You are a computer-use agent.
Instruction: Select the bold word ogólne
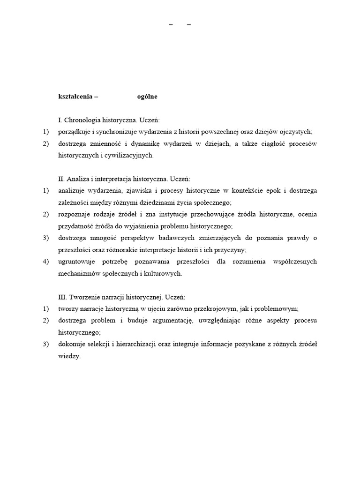tap(147, 97)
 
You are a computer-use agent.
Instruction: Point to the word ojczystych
tap(297, 132)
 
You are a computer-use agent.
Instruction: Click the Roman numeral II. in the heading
tap(61, 179)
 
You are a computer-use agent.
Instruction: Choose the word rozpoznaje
tap(73, 214)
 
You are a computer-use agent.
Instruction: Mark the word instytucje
tap(171, 214)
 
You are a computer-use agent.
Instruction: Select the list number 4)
tap(45, 262)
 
